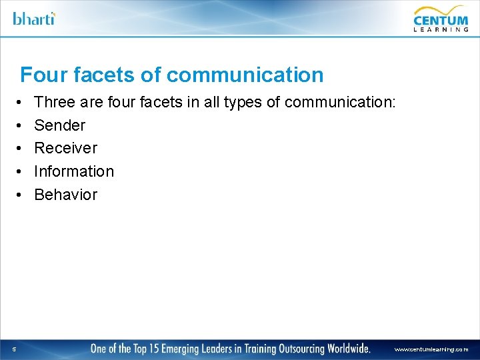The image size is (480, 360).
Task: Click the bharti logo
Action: point(34,18)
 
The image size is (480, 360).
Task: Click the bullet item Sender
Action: point(60,125)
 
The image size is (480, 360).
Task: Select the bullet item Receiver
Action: point(65,148)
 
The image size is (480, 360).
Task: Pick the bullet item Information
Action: point(74,171)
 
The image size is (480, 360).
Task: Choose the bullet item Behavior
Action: point(65,195)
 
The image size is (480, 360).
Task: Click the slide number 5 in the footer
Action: point(14,349)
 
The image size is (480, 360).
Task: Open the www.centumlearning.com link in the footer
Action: point(431,349)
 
